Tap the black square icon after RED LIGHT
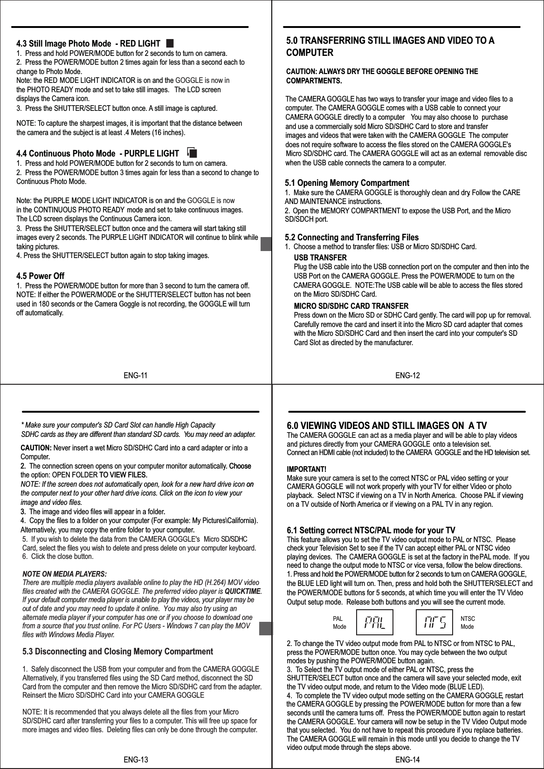pos(169,43)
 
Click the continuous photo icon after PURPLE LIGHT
pos(193,153)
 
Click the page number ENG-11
pos(136,375)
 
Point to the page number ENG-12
pos(407,375)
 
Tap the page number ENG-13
pos(136,760)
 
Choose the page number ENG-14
pos(407,760)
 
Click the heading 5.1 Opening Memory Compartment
pos(347,183)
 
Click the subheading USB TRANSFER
pos(320,258)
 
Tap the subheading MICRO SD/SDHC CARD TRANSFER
pos(351,306)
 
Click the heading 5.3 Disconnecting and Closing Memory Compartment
pos(117,651)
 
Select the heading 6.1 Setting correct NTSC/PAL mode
pos(371,531)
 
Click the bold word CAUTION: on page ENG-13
pos(37,448)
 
